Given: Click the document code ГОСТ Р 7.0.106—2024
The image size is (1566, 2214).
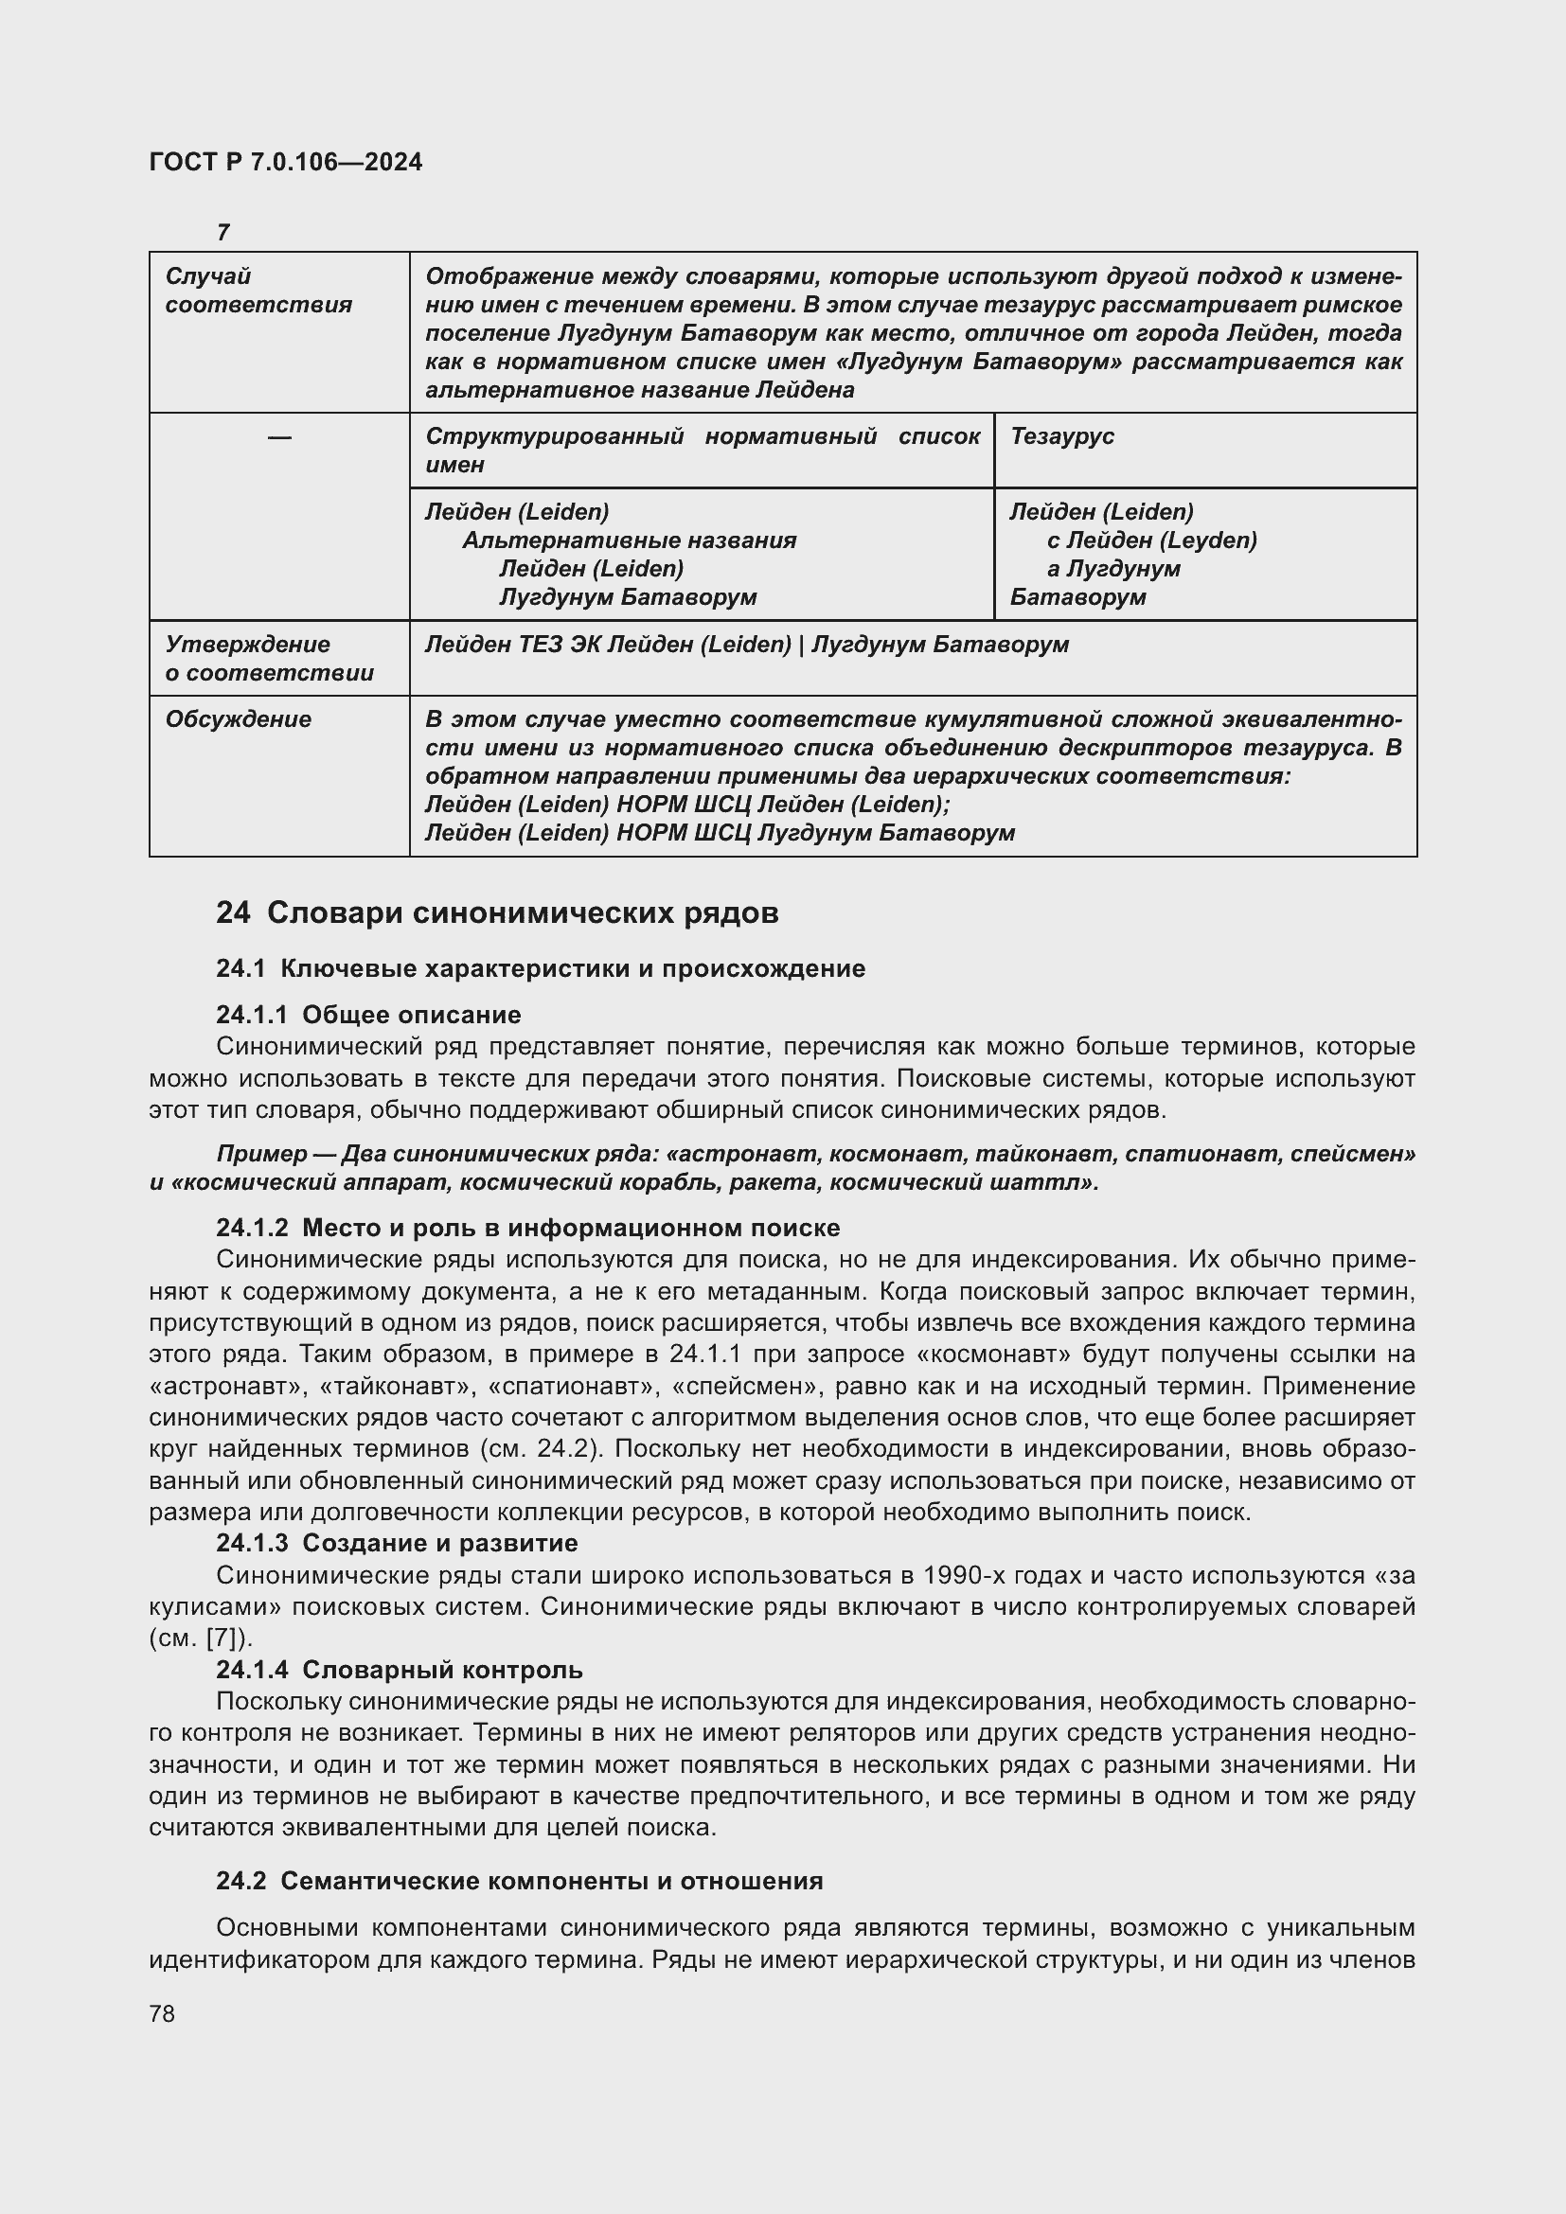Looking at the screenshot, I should (285, 162).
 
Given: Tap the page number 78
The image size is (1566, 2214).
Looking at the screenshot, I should (162, 2013).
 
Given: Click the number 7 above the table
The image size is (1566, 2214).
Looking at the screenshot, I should (222, 233).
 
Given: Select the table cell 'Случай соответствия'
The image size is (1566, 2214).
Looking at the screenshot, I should (258, 291).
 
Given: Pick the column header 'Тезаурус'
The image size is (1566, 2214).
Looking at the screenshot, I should (1061, 435).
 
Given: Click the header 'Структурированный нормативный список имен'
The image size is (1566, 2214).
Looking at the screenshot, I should (701, 450).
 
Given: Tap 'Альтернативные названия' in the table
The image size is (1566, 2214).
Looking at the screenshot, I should (629, 540).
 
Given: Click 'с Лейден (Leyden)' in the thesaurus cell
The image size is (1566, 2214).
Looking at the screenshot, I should (1151, 540).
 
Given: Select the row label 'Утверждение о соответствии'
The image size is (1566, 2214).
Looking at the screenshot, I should (269, 658).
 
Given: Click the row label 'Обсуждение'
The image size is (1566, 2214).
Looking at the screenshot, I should (239, 719).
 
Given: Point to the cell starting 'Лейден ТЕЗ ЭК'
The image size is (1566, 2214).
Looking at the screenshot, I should (746, 645).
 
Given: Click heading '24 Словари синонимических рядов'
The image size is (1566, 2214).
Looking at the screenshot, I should (497, 912).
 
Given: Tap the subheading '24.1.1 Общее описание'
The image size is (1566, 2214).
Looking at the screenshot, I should (368, 1015).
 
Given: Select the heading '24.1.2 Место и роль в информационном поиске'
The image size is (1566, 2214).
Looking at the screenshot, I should (527, 1228).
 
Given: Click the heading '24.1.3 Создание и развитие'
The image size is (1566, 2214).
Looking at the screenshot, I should (397, 1543).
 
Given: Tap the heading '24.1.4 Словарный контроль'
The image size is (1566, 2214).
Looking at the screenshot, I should (400, 1669).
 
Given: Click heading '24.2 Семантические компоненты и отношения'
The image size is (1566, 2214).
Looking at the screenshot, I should (519, 1881).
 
